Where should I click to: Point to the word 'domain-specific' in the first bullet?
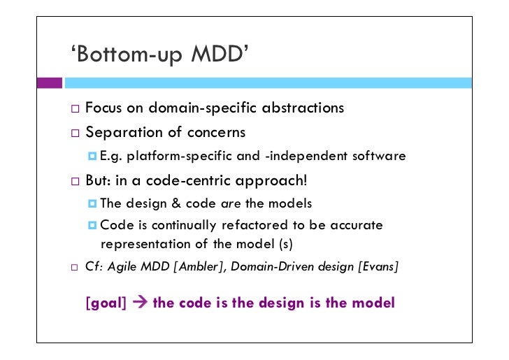(196, 108)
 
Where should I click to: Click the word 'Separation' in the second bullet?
(120, 131)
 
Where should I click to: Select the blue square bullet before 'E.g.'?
(92, 155)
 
